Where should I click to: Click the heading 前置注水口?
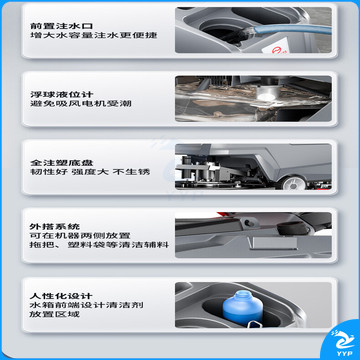[x=61, y=25]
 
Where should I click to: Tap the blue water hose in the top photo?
[x=290, y=29]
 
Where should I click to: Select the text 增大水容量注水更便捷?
[x=93, y=35]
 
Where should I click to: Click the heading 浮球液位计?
[x=61, y=94]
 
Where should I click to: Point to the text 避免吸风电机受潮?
[x=80, y=103]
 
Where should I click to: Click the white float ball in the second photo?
[x=268, y=94]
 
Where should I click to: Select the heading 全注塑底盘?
[x=61, y=163]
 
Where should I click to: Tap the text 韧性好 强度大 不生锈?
[x=90, y=172]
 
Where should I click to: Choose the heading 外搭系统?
[x=55, y=227]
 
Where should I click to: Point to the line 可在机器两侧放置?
[x=80, y=236]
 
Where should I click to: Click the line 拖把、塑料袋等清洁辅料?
[x=99, y=245]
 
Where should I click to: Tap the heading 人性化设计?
[x=61, y=296]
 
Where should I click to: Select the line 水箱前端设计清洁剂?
[x=87, y=305]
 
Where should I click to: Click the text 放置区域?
[x=55, y=314]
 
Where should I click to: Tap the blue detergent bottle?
[x=243, y=307]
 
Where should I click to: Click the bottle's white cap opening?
[x=243, y=294]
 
